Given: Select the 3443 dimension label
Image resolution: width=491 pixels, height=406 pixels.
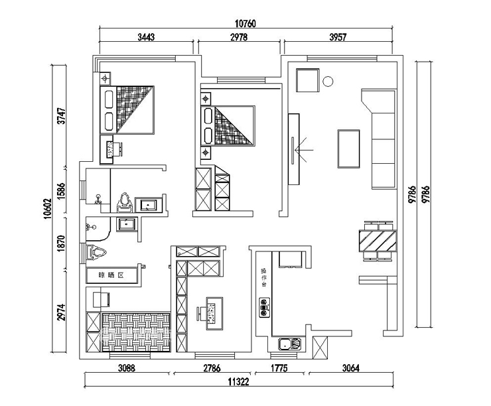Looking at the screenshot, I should pos(146,37).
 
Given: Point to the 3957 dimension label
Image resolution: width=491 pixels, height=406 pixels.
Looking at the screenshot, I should pos(338,37).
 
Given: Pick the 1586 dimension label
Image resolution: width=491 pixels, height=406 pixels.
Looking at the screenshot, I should pos(61,190).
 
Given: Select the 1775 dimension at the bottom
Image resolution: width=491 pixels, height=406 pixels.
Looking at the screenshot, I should pos(278,368).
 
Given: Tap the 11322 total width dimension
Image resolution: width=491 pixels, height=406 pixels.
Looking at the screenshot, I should pos(238,381).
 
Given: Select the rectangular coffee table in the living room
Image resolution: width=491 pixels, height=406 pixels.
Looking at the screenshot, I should pos(349,149).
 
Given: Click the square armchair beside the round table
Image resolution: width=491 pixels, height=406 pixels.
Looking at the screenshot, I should pos(307,81).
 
